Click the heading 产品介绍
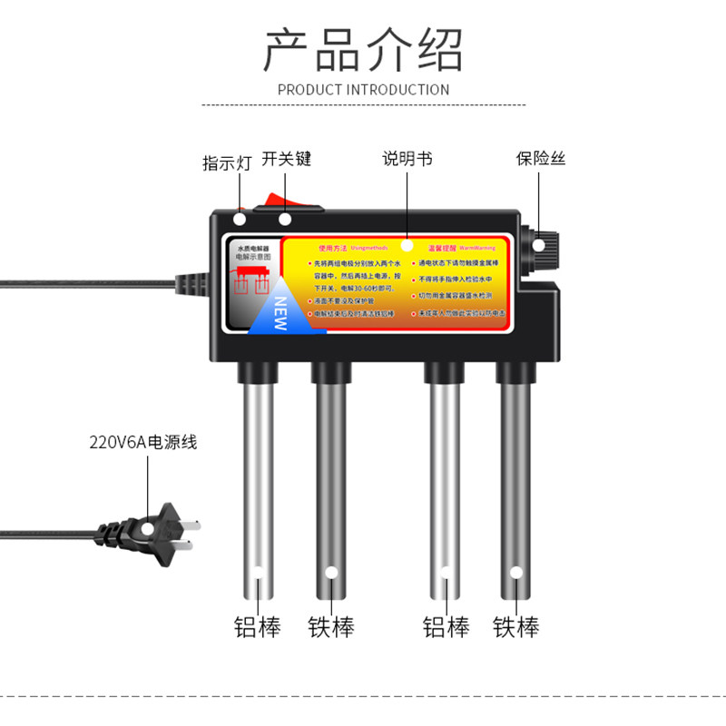(363, 49)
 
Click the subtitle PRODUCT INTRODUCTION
(363, 90)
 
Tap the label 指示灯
(227, 163)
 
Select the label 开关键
(287, 159)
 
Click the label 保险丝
(541, 159)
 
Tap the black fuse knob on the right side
(546, 245)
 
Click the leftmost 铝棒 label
(258, 626)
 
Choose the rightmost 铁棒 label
(516, 626)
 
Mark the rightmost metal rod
(516, 481)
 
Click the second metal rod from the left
(331, 481)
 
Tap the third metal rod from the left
(445, 481)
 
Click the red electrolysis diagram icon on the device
(251, 280)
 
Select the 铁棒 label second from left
(331, 626)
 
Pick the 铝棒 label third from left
(446, 626)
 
